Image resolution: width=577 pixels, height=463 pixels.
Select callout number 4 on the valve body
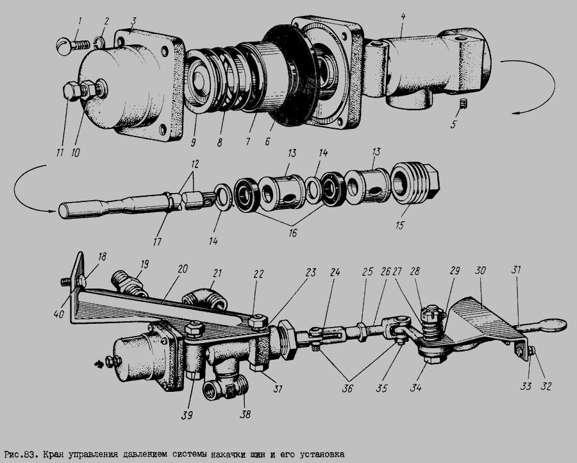(x=403, y=17)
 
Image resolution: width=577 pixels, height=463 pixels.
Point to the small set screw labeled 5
(x=464, y=104)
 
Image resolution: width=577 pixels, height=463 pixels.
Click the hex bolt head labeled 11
(x=71, y=91)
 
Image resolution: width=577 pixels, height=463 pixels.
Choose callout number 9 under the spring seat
(x=194, y=142)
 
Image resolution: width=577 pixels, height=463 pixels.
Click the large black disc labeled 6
(x=290, y=76)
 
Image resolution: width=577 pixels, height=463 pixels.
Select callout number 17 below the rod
(x=157, y=242)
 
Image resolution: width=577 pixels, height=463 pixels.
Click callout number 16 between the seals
(x=292, y=233)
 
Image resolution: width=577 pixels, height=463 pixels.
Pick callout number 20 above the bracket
(x=183, y=269)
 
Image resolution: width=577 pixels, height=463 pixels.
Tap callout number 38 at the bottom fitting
(x=245, y=414)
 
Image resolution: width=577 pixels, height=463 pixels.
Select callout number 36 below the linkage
(x=347, y=388)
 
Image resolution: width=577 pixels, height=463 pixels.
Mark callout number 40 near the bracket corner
(x=59, y=314)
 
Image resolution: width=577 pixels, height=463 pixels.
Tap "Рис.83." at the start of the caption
(x=21, y=454)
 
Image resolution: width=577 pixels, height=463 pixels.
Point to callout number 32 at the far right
(x=546, y=386)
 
